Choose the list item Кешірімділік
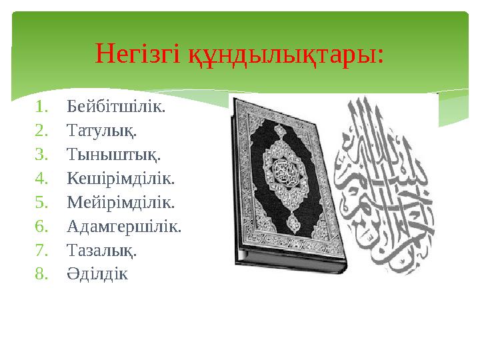120,179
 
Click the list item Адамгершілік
124,227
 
